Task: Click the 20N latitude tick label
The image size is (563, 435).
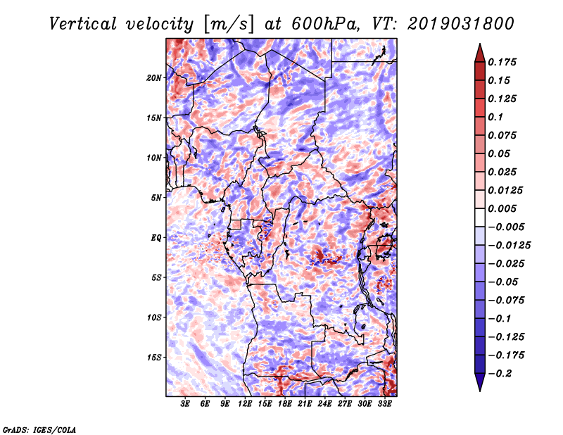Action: point(154,78)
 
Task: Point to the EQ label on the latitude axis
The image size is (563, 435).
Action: point(156,238)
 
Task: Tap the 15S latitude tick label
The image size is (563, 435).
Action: point(154,358)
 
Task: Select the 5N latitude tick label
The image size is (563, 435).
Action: point(156,198)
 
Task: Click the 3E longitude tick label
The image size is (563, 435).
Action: point(185,404)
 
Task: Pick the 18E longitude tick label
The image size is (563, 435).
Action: point(285,404)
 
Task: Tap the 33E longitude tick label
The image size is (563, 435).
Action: point(384,404)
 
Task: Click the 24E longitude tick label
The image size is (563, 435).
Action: point(324,404)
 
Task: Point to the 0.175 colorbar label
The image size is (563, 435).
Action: point(502,62)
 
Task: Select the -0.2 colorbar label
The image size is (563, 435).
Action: point(499,374)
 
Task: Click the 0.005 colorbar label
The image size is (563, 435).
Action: point(502,208)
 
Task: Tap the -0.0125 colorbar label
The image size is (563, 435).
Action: point(509,246)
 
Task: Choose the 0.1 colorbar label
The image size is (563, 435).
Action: point(495,117)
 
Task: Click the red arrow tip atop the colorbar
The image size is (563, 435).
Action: point(480,44)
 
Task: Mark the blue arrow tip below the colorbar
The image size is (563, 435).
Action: point(480,391)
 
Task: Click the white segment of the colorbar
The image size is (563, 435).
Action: point(480,217)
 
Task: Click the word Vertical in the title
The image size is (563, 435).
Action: point(83,24)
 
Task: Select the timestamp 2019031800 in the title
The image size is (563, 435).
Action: point(461,24)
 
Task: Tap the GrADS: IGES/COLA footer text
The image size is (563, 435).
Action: point(39,430)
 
